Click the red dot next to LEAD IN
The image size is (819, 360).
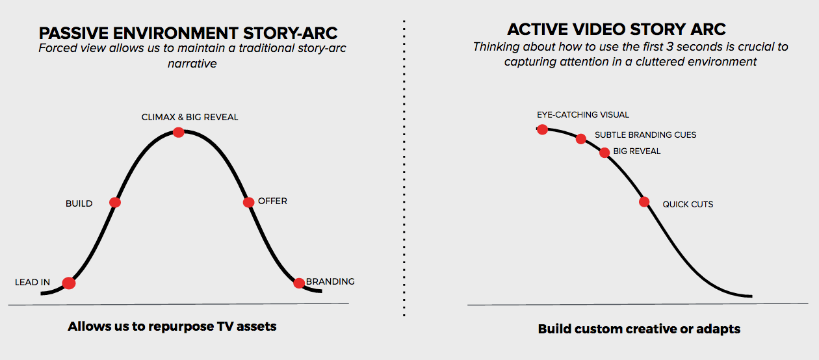(x=69, y=283)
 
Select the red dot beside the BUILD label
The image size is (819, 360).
(x=115, y=202)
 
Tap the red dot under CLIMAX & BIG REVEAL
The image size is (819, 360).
(x=178, y=133)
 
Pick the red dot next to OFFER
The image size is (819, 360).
(x=248, y=202)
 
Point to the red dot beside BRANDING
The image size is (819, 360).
(x=299, y=283)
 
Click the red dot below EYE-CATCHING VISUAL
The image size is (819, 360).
(x=542, y=129)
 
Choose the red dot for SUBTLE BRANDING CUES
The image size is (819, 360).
(x=581, y=139)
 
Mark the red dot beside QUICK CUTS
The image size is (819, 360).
(x=644, y=201)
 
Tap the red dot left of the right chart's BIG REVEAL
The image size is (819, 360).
(x=604, y=153)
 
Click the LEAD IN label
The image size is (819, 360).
(x=32, y=282)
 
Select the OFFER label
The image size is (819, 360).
(x=272, y=201)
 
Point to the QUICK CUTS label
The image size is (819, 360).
(x=688, y=204)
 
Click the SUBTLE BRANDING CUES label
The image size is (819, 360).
(x=645, y=135)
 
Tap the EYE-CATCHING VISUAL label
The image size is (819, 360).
(x=583, y=115)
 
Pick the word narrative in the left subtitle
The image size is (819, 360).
(x=192, y=64)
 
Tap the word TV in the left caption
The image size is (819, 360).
(x=225, y=326)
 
